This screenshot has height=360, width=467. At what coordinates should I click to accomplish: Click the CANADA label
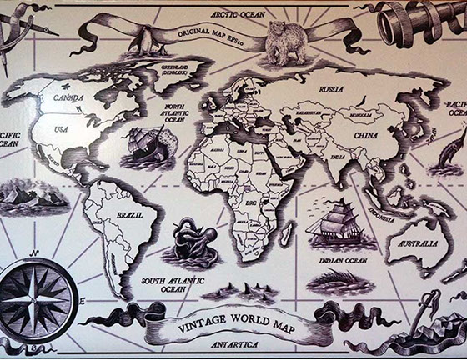pyautogui.click(x=70, y=97)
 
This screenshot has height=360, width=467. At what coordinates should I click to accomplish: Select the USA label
pyautogui.click(x=62, y=129)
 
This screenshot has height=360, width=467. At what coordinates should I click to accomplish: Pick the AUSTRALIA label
pyautogui.click(x=418, y=243)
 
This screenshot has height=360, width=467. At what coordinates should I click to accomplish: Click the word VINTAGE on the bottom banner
pyautogui.click(x=204, y=325)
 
